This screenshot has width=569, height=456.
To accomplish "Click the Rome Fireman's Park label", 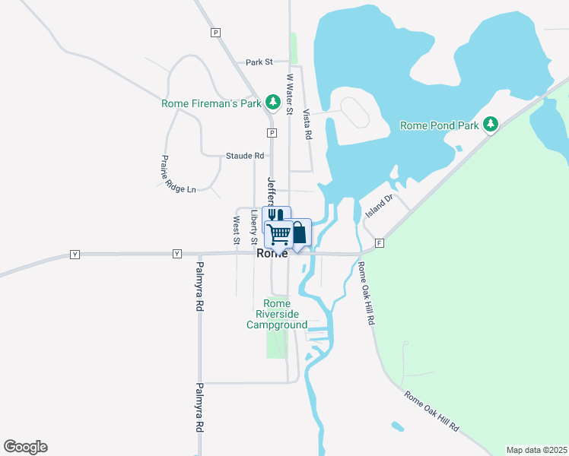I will coord(211,104).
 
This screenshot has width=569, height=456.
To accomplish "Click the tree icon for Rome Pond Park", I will coord(491,124).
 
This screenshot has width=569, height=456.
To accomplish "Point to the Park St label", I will coord(259,62).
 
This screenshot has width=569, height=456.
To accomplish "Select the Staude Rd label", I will coord(244,156).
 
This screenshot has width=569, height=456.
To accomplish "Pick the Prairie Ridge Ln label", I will coord(177,174).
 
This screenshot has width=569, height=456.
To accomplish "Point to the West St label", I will coord(237,230).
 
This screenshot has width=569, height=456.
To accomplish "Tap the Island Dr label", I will coord(378,206).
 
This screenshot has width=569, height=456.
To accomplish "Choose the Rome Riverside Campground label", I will coord(277,314).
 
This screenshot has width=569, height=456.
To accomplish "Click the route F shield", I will coord(379,243).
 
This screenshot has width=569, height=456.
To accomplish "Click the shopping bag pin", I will coord(300,232).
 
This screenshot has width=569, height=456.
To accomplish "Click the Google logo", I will coord(25,447).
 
